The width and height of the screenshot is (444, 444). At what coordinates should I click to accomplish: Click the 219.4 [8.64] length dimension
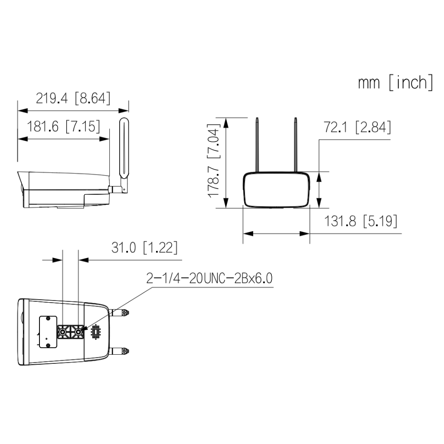[x=73, y=98]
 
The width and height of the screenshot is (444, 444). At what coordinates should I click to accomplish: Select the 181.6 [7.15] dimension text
[x=63, y=126]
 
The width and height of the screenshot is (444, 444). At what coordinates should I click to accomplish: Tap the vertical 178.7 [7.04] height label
[x=213, y=160]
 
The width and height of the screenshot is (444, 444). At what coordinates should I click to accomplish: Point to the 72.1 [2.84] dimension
[x=357, y=127]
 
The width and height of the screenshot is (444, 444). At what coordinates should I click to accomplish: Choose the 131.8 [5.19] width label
[x=360, y=221]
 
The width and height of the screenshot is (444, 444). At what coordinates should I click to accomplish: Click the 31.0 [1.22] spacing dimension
[x=144, y=248]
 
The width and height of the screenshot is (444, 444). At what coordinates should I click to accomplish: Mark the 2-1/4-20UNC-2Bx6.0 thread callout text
[x=209, y=278]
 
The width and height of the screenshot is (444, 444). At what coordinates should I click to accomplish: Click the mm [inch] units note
[x=395, y=82]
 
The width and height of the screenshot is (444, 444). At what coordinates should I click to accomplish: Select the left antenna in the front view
[x=257, y=145]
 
